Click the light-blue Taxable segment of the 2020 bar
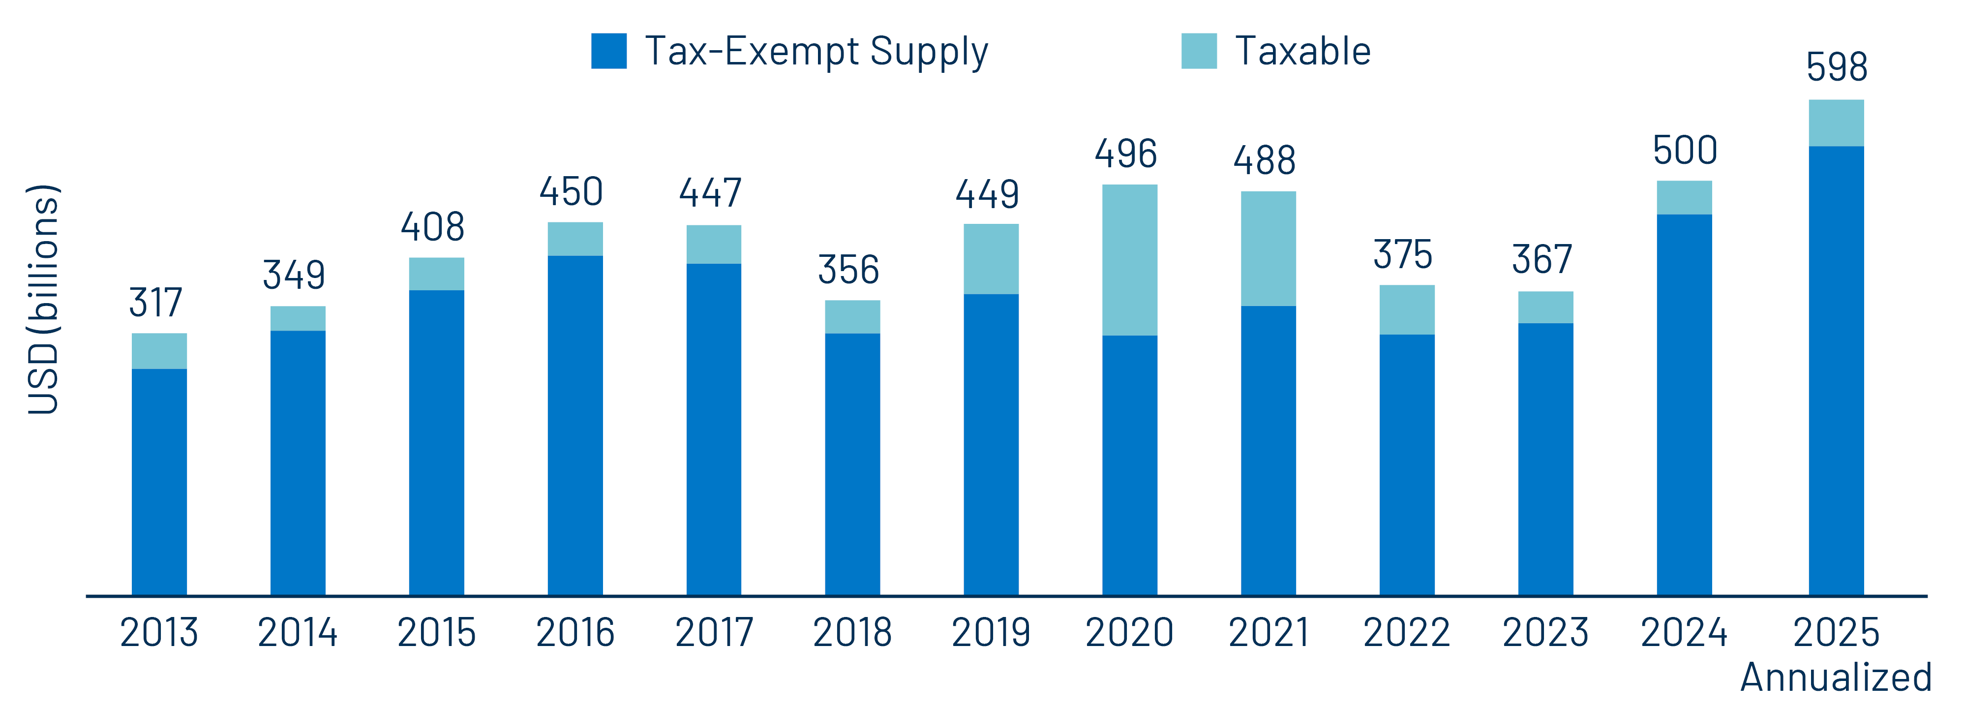coord(1129,260)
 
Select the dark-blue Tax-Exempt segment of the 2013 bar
coord(159,481)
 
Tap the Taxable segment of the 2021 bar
coord(1268,248)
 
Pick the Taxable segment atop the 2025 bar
coord(1836,123)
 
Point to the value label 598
coord(1836,67)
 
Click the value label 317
coord(155,303)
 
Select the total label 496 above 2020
coord(1125,154)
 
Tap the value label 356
coord(848,270)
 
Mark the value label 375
coord(1403,255)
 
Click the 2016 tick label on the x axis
coord(575,633)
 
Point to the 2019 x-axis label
coord(991,633)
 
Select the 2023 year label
coord(1545,633)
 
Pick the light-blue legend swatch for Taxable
coord(1199,51)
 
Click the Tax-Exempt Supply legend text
coord(816,52)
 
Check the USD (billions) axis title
coord(43,300)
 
